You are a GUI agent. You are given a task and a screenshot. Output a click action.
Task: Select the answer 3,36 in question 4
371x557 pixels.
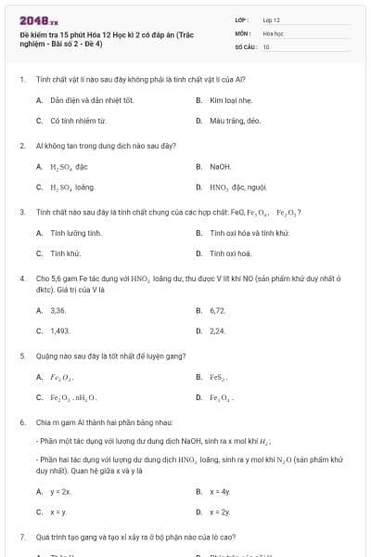[x=58, y=310]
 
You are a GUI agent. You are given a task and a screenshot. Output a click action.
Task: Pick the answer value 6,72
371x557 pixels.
[x=218, y=310]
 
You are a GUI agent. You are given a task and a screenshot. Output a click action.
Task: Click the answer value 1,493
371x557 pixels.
[x=60, y=330]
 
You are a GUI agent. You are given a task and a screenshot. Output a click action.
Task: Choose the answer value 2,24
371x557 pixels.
[x=218, y=330]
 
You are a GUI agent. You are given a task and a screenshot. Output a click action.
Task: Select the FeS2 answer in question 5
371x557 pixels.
[x=219, y=377]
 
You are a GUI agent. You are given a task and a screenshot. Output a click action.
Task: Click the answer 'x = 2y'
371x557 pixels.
[x=220, y=512]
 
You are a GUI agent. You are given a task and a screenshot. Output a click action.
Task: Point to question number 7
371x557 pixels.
[x=21, y=538]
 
